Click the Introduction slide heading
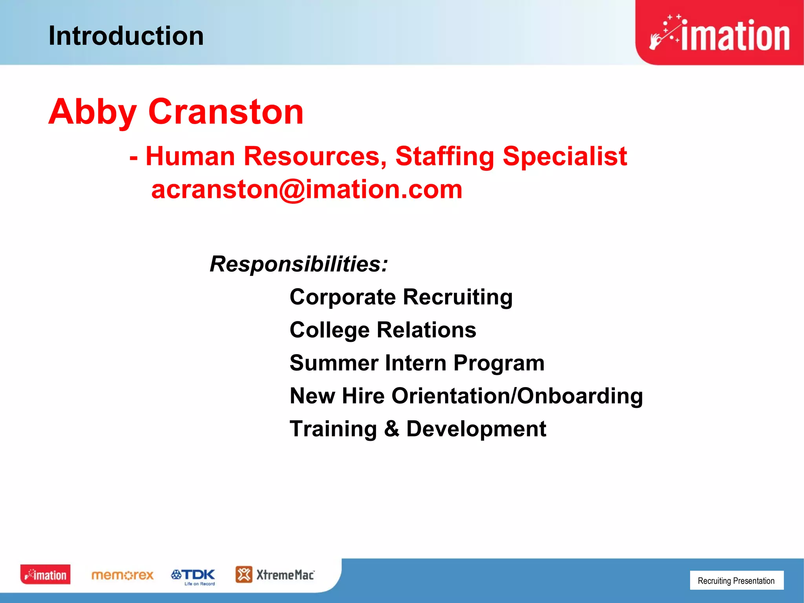126,36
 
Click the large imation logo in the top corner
720,33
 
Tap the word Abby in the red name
92,112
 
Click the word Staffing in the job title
444,157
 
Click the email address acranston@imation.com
307,190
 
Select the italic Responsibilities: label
299,264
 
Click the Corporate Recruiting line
401,297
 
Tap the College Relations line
383,330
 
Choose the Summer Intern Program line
417,363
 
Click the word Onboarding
580,396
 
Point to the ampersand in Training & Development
391,429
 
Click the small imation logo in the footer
46,575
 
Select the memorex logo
122,576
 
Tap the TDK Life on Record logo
193,576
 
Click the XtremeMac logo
275,575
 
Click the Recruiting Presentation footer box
736,581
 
